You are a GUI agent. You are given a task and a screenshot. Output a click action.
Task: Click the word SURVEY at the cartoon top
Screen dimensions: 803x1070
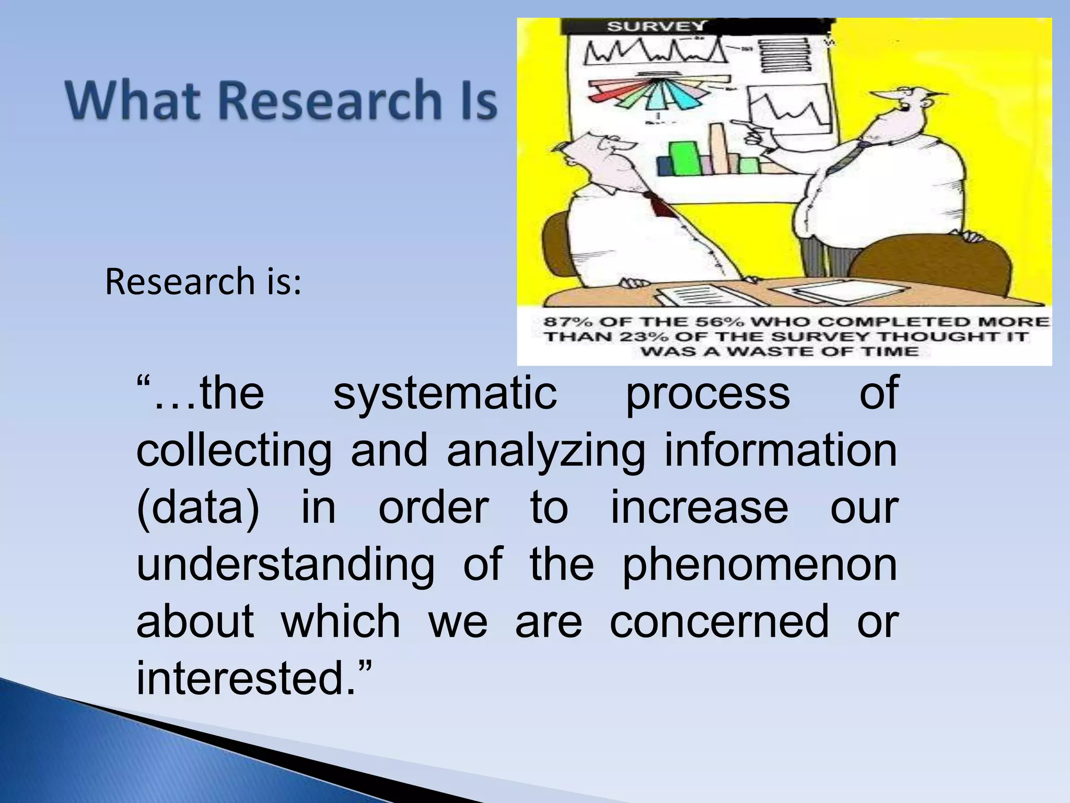[x=656, y=26]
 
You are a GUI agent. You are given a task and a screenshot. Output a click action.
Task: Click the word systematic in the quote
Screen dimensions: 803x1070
[x=445, y=394]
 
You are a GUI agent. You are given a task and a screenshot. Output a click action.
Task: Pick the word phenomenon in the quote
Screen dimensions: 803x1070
[x=760, y=565]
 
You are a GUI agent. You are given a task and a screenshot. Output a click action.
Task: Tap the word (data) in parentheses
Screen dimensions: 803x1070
[x=197, y=508]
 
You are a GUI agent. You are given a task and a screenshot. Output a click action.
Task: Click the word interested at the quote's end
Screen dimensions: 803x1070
[x=246, y=679]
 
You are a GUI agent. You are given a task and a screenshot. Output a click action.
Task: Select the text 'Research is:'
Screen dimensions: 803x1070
[x=203, y=282]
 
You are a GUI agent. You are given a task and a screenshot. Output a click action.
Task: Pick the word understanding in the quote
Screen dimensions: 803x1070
[x=285, y=565]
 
